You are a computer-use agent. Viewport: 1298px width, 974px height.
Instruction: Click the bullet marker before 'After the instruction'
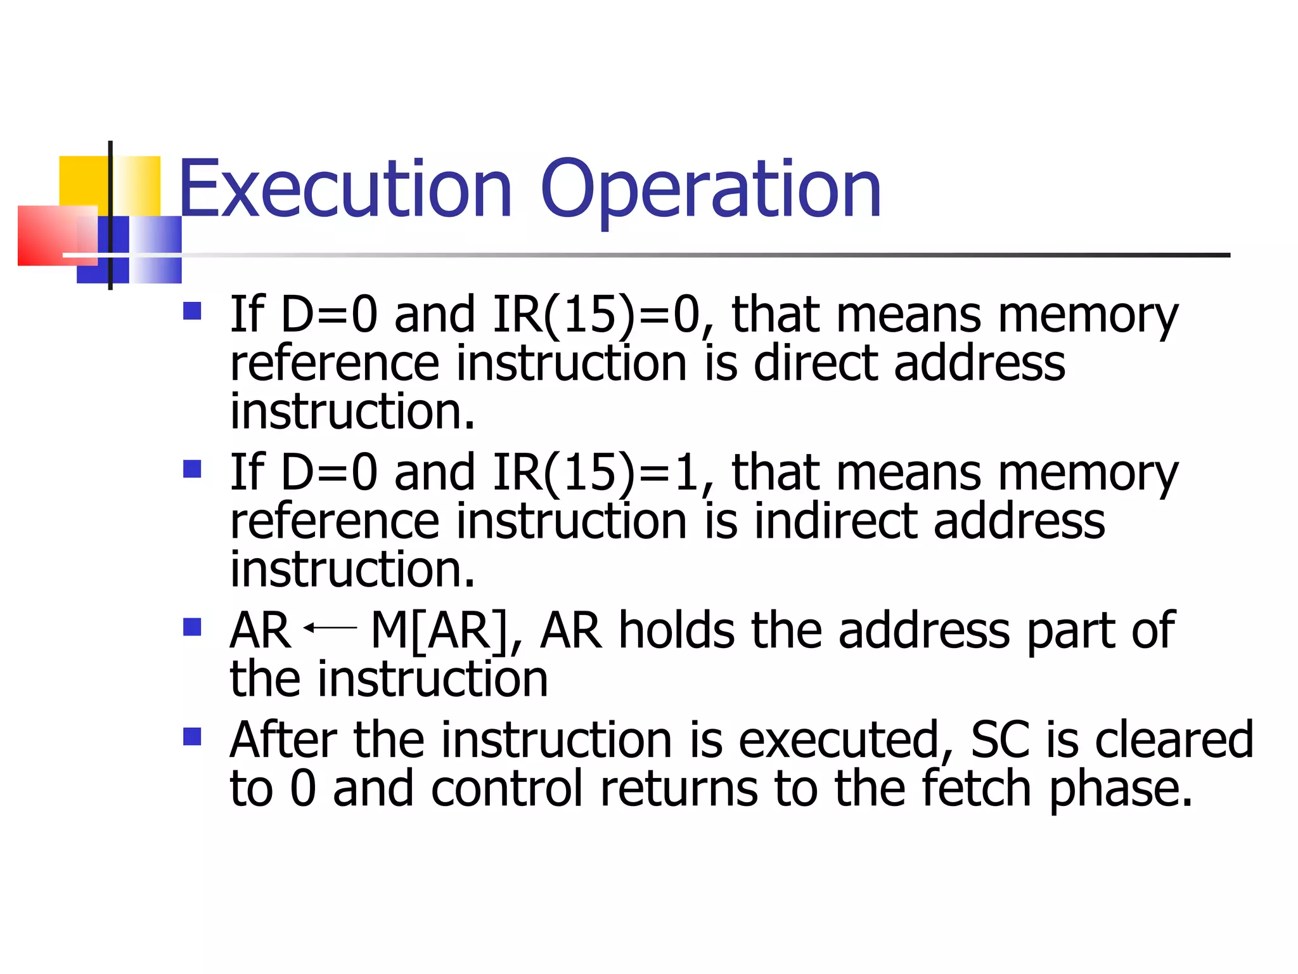click(x=192, y=736)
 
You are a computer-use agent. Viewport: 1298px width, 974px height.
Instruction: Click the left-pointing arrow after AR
click(x=330, y=628)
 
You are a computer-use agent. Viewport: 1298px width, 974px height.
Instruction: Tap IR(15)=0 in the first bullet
click(x=596, y=315)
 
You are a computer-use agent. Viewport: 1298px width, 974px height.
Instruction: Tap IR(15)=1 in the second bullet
click(x=596, y=472)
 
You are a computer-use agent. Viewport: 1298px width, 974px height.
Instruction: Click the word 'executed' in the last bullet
click(x=846, y=741)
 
